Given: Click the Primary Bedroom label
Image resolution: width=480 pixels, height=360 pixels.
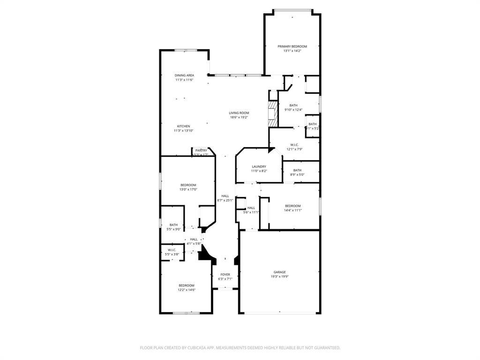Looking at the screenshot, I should [x=292, y=46].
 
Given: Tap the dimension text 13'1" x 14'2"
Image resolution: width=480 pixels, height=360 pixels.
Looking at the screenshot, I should [x=292, y=51].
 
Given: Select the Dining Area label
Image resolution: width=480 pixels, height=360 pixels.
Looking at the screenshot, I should [x=184, y=75].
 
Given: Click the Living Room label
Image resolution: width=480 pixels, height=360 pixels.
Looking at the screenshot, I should [x=239, y=113].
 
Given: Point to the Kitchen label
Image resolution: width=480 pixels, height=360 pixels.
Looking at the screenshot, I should [x=183, y=126].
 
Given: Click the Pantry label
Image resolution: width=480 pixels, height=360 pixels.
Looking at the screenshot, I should [x=201, y=150].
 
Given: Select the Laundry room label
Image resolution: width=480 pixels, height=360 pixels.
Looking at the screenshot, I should [x=259, y=166].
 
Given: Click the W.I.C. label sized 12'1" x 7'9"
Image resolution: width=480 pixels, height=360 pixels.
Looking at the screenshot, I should [x=294, y=145].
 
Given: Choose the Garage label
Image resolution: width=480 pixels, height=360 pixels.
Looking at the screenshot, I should [x=280, y=272].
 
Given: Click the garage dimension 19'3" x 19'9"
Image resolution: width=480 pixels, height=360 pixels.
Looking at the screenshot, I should [x=280, y=277].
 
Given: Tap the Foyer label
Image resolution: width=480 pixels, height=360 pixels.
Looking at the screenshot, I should [x=225, y=274].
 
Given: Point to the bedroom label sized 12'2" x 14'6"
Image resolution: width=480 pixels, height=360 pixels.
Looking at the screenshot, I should [x=186, y=285].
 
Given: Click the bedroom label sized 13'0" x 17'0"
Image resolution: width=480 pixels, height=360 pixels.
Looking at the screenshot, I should [x=188, y=185].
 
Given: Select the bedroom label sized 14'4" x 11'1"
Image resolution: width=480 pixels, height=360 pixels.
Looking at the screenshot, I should [x=293, y=206].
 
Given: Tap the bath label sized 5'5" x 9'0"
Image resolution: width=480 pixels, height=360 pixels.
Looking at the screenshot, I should [x=173, y=225].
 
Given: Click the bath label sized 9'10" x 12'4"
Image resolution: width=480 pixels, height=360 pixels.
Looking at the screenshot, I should [x=293, y=105].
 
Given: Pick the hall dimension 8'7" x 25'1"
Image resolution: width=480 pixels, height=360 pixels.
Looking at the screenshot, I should [x=225, y=201].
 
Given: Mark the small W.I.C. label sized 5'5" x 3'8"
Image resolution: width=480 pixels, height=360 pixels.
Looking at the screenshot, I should [x=172, y=250].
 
